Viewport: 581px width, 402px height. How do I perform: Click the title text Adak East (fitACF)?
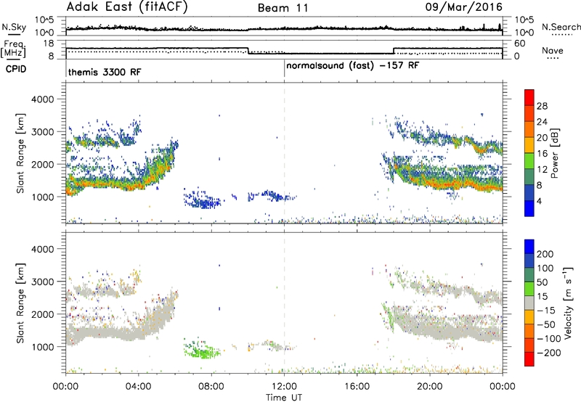click(x=127, y=7)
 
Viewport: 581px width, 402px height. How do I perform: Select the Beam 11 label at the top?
click(x=283, y=8)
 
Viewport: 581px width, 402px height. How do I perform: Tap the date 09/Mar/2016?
click(x=463, y=7)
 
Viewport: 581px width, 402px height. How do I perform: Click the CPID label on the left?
click(x=16, y=69)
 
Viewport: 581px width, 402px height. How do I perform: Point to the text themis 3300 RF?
click(x=105, y=72)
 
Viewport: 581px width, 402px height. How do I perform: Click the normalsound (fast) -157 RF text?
click(x=353, y=66)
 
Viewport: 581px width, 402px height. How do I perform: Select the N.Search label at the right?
click(x=561, y=27)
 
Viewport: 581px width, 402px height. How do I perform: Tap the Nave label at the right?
click(x=552, y=50)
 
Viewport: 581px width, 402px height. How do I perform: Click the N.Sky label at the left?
click(x=14, y=27)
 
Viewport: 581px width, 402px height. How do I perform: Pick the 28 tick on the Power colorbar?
click(x=542, y=106)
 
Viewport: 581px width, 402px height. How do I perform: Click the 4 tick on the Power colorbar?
click(x=539, y=201)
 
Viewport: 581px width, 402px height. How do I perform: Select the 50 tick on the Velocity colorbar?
click(x=542, y=282)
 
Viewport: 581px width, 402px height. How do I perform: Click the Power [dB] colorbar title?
click(x=554, y=153)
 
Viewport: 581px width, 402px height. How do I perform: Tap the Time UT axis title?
click(x=284, y=398)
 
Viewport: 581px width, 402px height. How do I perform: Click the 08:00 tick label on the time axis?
click(x=211, y=387)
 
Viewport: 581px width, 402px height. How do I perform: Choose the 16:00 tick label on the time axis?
click(x=357, y=387)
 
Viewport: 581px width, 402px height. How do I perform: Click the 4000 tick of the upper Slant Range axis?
click(x=43, y=99)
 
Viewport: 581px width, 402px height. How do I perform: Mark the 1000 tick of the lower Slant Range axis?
click(x=43, y=347)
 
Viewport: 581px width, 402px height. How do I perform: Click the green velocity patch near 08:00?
click(x=202, y=350)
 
